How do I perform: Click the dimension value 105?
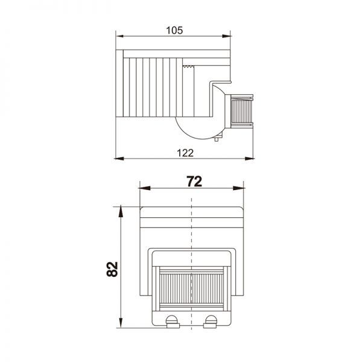pos(174,30)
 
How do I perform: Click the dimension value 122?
pos(185,153)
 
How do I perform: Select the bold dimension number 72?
pos(194,182)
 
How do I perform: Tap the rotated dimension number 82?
pos(112,269)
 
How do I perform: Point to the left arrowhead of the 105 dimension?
pos(120,36)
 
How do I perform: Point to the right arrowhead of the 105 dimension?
pos(226,36)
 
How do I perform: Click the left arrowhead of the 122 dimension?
pos(119,159)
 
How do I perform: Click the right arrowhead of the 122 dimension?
pos(249,159)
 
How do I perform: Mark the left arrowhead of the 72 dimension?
pos(145,188)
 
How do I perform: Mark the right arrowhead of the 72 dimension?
pos(238,188)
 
